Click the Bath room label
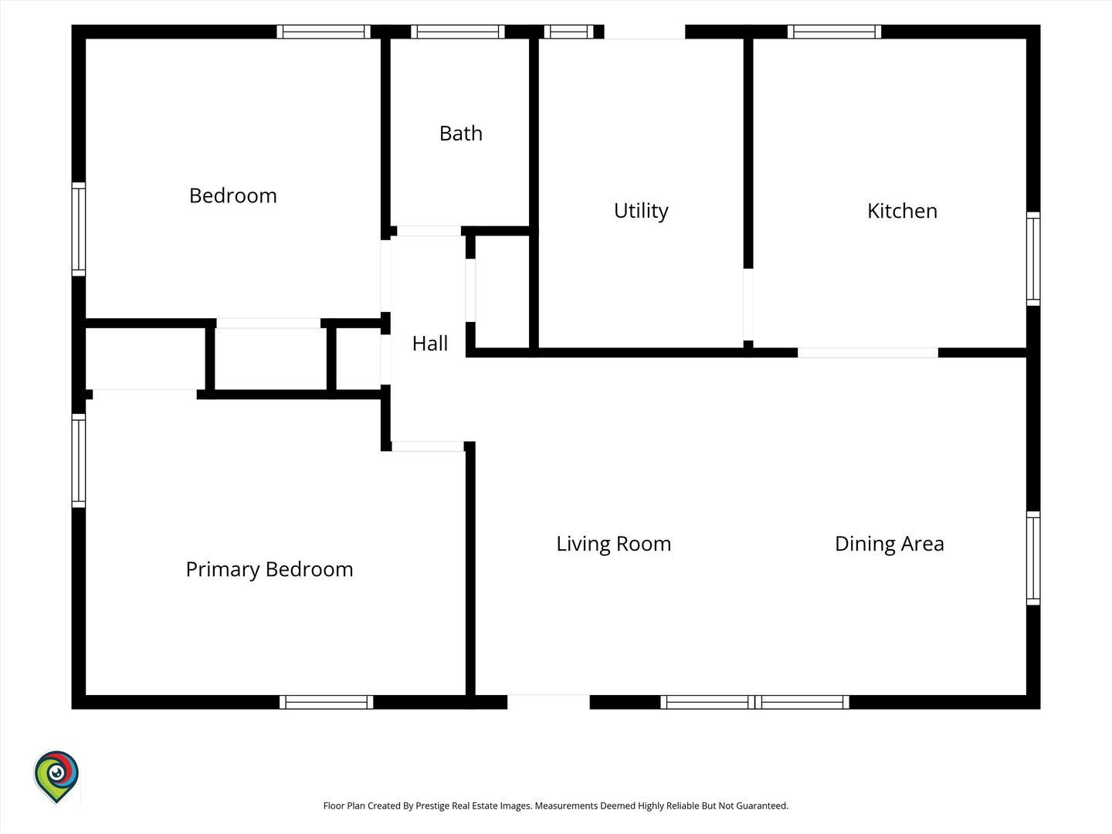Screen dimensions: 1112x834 pyautogui.click(x=460, y=134)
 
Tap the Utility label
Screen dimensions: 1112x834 pyautogui.click(x=641, y=211)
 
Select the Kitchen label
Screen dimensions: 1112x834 pyautogui.click(x=902, y=211)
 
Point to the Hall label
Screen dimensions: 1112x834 pyautogui.click(x=429, y=344)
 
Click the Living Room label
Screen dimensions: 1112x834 pyautogui.click(x=613, y=544)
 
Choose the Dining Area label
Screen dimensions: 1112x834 pyautogui.click(x=889, y=544)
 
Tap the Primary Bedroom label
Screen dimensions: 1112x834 pyautogui.click(x=269, y=570)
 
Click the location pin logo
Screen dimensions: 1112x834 pyautogui.click(x=56, y=776)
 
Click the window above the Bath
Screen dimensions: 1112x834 pyautogui.click(x=457, y=32)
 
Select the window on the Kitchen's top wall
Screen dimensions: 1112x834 pyautogui.click(x=834, y=32)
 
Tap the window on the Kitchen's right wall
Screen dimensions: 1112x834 pyautogui.click(x=1033, y=259)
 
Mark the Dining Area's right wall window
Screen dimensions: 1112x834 pyautogui.click(x=1033, y=558)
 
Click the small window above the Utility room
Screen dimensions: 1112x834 pyautogui.click(x=568, y=32)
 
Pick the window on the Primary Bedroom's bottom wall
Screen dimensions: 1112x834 pyautogui.click(x=326, y=702)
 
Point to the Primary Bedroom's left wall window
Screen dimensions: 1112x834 pyautogui.click(x=79, y=460)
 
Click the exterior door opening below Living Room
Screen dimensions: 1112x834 pyautogui.click(x=548, y=702)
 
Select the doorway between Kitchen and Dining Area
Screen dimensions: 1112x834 pyautogui.click(x=868, y=352)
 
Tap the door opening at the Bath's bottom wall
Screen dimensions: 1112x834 pyautogui.click(x=429, y=231)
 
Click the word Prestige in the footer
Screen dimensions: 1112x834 pyautogui.click(x=433, y=805)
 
